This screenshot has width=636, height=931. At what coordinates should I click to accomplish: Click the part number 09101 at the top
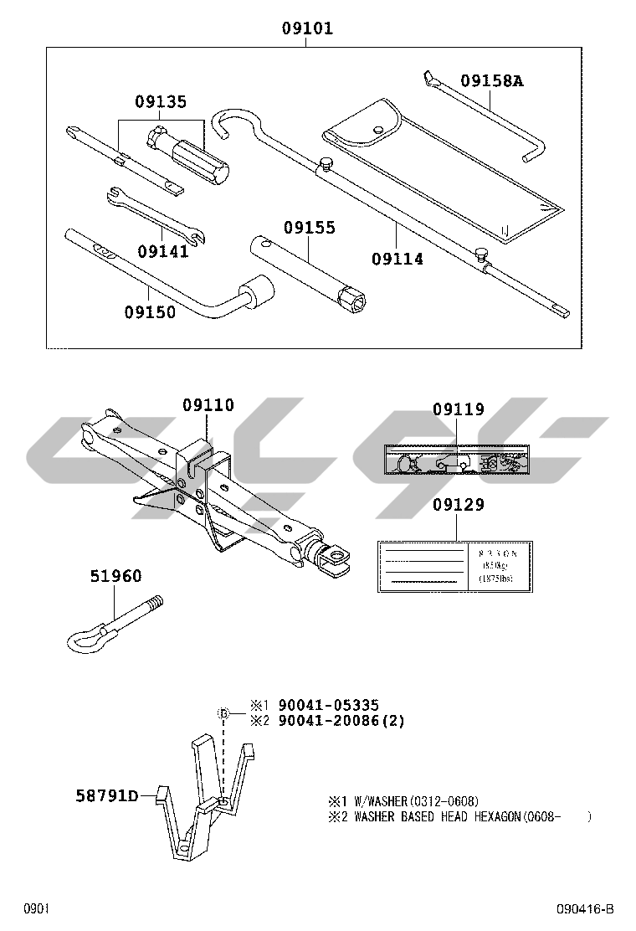pyautogui.click(x=307, y=28)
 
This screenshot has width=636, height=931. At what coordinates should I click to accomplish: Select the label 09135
pyautogui.click(x=161, y=102)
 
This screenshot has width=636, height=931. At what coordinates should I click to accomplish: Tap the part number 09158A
pyautogui.click(x=491, y=81)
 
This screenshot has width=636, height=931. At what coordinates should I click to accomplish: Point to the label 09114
pyautogui.click(x=397, y=259)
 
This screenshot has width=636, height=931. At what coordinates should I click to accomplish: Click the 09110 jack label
pyautogui.click(x=208, y=405)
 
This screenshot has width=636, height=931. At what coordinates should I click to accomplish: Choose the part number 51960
pyautogui.click(x=115, y=576)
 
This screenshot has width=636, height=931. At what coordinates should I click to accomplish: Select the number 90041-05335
pyautogui.click(x=322, y=706)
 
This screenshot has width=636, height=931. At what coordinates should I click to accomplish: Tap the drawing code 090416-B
pyautogui.click(x=586, y=909)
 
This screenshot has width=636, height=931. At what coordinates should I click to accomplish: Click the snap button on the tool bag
pyautogui.click(x=378, y=129)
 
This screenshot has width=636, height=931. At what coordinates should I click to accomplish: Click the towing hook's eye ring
pyautogui.click(x=85, y=641)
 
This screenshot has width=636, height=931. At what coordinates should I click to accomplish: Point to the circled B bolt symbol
pyautogui.click(x=223, y=712)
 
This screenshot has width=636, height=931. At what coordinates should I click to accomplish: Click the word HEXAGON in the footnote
pyautogui.click(x=494, y=817)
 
